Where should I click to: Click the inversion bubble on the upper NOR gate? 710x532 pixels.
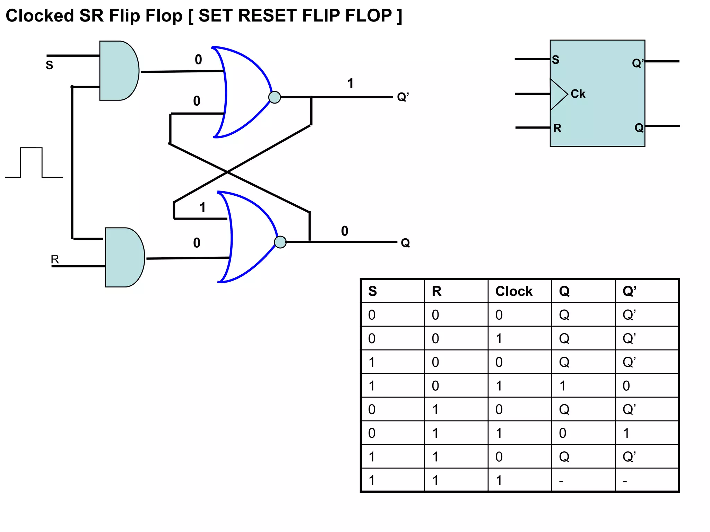coord(275,97)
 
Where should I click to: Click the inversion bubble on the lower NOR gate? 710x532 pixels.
coord(280,242)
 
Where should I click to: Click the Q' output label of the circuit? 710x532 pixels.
coord(403,97)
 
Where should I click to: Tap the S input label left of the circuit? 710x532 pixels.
coord(49,65)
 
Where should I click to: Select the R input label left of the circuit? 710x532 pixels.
coord(55,259)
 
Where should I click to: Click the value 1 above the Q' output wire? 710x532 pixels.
coord(350,83)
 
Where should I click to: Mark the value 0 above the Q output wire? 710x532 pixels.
coord(344,231)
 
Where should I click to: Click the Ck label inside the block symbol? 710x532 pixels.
coord(578,94)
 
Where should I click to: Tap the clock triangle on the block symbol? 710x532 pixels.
coord(557,94)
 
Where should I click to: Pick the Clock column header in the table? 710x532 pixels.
coord(513,291)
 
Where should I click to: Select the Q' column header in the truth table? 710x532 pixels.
coord(629,291)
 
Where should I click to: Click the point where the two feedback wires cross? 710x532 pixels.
coord(227,172)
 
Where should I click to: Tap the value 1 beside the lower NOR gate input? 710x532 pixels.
coord(202,207)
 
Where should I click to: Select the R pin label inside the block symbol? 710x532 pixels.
coord(557,128)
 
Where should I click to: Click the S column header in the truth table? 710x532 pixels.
coord(372,291)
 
